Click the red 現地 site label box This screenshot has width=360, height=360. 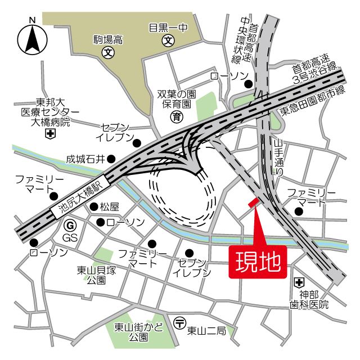[258, 262]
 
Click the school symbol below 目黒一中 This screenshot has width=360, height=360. [168, 40]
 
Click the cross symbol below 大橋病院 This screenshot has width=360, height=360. [50, 133]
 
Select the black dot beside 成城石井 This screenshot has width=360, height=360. [111, 159]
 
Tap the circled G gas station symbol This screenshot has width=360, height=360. [70, 226]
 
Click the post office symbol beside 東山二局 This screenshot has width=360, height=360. [179, 323]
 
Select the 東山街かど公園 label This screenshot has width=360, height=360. [130, 332]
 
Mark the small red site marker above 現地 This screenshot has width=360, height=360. [253, 202]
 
